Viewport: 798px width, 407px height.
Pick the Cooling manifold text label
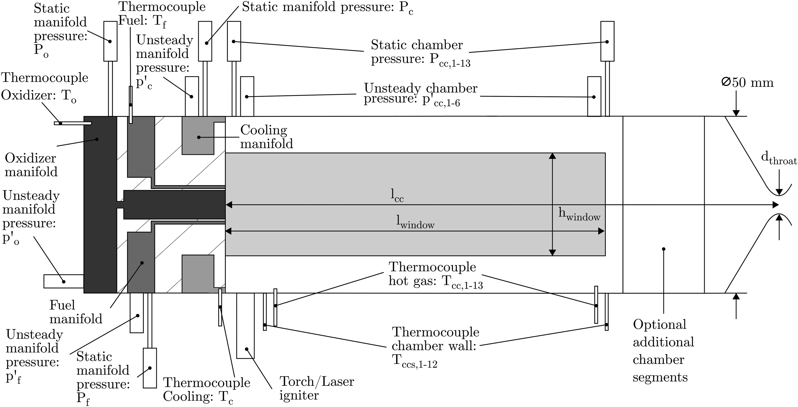(x=266, y=137)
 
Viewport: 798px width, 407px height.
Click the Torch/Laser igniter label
(x=316, y=388)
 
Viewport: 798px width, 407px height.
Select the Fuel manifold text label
(x=76, y=312)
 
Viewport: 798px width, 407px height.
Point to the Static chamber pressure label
(x=420, y=52)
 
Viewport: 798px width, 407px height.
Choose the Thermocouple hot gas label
(x=435, y=274)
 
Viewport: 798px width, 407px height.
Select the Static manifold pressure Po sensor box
(x=110, y=41)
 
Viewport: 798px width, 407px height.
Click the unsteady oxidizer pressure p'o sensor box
(x=63, y=281)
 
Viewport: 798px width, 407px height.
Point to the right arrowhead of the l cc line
(x=775, y=205)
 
